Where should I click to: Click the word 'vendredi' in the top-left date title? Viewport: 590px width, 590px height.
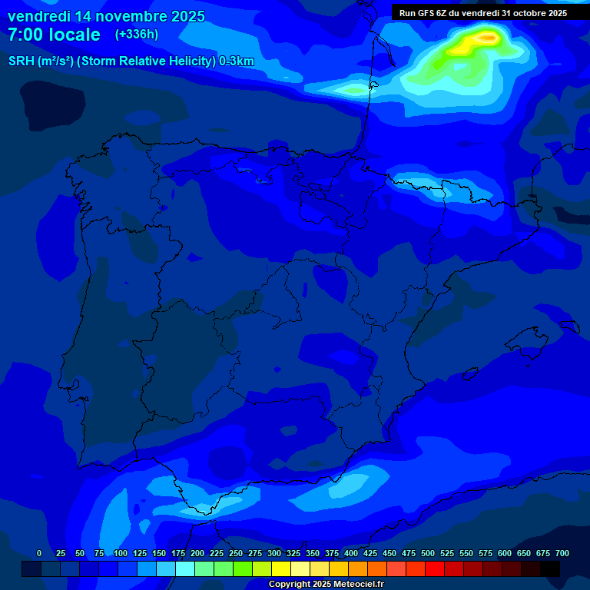tap(38, 16)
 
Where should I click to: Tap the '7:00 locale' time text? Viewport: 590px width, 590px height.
tap(54, 35)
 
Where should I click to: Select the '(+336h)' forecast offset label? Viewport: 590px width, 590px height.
tap(136, 35)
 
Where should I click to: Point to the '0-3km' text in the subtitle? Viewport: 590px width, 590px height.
tap(237, 61)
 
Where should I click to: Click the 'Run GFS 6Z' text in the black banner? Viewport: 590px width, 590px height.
tap(424, 13)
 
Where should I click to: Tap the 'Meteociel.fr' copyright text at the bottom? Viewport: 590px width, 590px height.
tap(353, 585)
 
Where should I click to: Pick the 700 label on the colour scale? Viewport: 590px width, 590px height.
tap(562, 553)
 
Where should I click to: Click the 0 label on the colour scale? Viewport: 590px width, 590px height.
tap(39, 553)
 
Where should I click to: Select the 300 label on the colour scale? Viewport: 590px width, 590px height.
tap(274, 553)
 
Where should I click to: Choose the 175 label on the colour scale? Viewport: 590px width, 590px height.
tap(178, 553)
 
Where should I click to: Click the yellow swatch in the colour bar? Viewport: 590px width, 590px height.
tap(281, 568)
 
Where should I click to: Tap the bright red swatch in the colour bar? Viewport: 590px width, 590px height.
tap(435, 568)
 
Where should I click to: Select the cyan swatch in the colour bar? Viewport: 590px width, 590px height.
tap(185, 568)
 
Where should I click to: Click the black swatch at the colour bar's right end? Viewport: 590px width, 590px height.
tap(550, 568)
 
